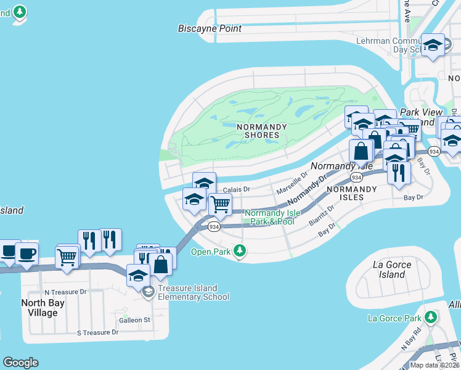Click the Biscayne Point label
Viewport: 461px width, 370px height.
pyautogui.click(x=210, y=28)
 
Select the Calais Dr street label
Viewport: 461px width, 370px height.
pyautogui.click(x=236, y=189)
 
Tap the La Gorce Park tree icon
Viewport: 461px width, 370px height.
pyautogui.click(x=431, y=317)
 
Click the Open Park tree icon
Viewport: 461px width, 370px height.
pyautogui.click(x=240, y=250)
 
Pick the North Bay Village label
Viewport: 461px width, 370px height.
pyautogui.click(x=48, y=308)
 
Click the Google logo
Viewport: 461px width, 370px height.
pyautogui.click(x=20, y=363)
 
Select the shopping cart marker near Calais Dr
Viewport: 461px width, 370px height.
pyautogui.click(x=220, y=205)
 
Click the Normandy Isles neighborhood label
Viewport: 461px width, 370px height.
pyautogui.click(x=345, y=193)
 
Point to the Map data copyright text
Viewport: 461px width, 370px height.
pyautogui.click(x=435, y=365)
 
